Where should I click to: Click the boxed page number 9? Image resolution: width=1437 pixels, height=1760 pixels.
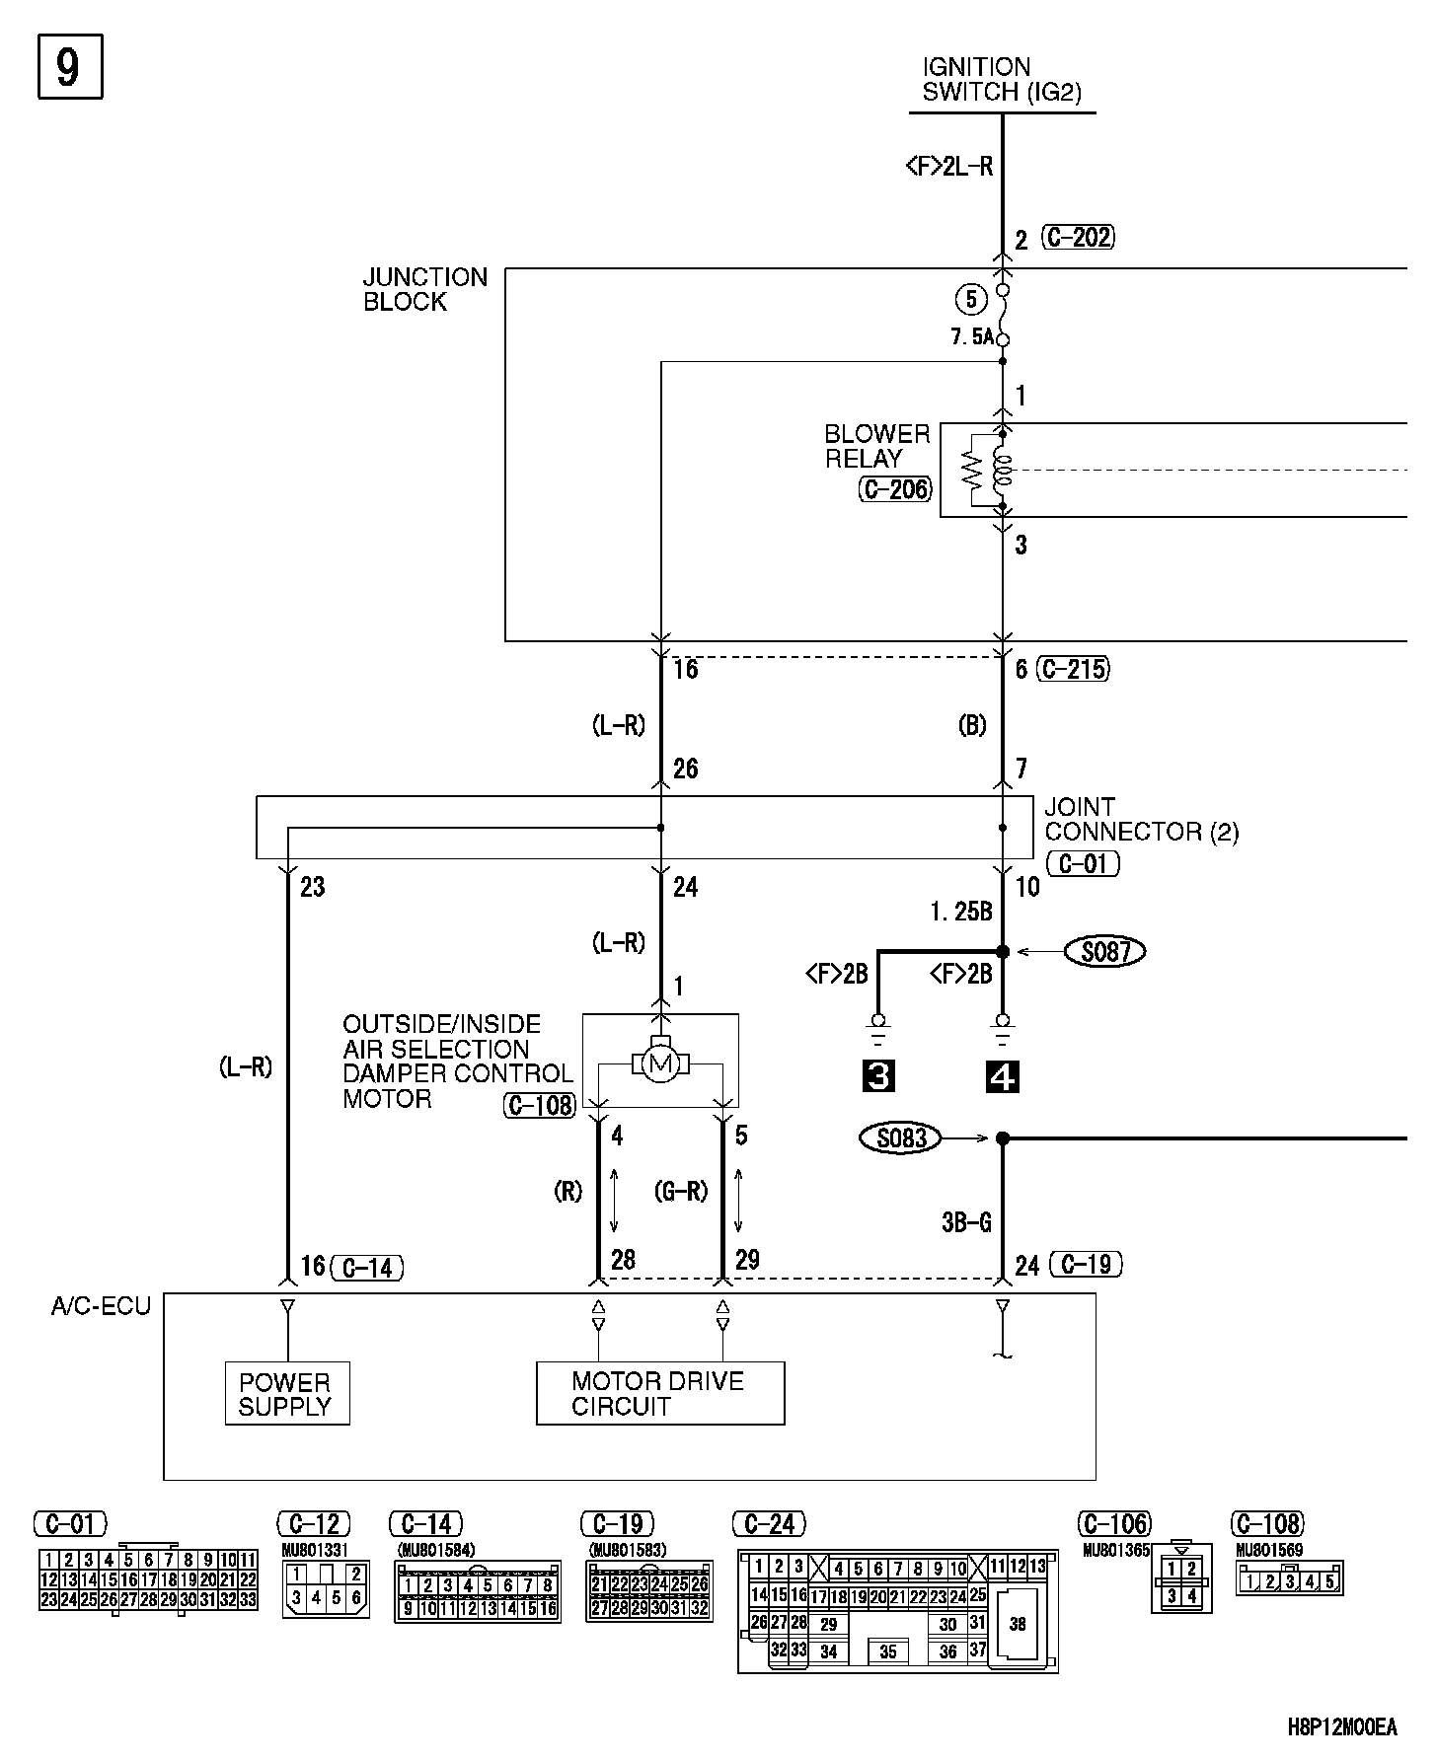tap(69, 67)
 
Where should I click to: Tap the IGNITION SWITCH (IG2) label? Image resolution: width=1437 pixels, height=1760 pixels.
tap(1001, 80)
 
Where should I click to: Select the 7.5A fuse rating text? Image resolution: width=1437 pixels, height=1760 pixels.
tap(971, 337)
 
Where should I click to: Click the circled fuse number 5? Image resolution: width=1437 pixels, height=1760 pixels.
tap(971, 298)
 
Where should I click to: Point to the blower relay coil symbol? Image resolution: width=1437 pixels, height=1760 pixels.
tap(1002, 472)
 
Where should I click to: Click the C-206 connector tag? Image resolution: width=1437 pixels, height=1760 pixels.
tap(895, 488)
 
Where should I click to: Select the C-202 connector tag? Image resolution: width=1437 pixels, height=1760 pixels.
tap(1078, 238)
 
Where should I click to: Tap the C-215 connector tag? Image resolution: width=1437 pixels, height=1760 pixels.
tap(1074, 669)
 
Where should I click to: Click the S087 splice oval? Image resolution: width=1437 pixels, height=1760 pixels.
tap(1105, 951)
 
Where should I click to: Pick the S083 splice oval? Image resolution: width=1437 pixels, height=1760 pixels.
tap(901, 1138)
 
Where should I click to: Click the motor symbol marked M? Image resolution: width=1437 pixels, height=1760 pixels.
tap(660, 1063)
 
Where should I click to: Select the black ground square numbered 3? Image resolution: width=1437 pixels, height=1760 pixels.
tap(877, 1075)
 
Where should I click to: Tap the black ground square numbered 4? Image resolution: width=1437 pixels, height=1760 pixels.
tap(1002, 1075)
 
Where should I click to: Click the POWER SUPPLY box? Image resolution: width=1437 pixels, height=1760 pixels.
tap(286, 1393)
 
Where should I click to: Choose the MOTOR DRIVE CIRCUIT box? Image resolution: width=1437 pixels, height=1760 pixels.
tap(659, 1393)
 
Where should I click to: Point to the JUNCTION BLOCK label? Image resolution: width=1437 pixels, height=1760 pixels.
tap(424, 289)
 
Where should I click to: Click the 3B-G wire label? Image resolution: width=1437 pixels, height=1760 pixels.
tap(965, 1223)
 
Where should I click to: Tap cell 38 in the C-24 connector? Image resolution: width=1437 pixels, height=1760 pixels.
tap(1018, 1624)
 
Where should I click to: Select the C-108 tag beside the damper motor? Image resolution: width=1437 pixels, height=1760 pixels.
tap(540, 1105)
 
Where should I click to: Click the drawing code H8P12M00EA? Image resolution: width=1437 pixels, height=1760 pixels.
tap(1342, 1726)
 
